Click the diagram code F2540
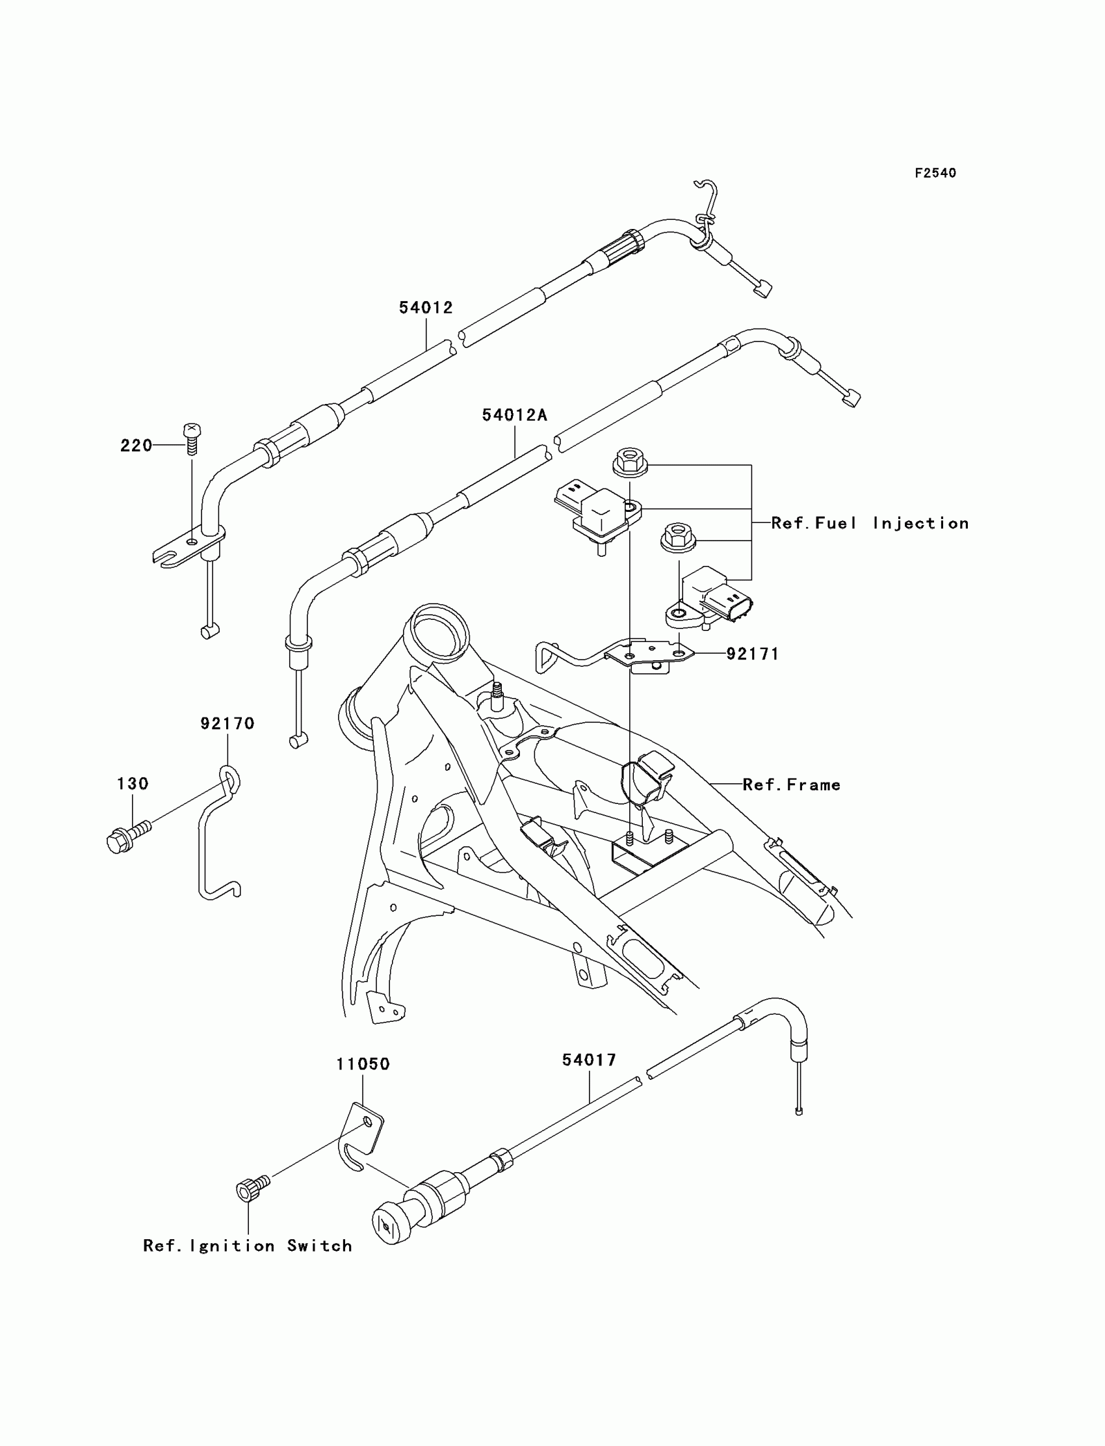935,173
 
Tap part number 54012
426,308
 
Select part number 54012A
514,415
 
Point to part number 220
136,446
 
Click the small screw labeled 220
191,438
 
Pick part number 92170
227,723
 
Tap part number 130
132,784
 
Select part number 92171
753,654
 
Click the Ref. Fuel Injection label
870,523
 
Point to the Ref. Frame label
791,784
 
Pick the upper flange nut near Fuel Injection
630,459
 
